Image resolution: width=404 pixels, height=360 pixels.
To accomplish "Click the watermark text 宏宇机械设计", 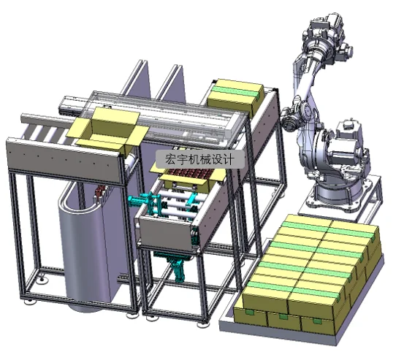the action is [199, 159].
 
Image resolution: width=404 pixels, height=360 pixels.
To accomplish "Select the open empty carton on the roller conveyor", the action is [108, 131].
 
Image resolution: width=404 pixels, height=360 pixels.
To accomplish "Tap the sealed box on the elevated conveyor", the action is [236, 95].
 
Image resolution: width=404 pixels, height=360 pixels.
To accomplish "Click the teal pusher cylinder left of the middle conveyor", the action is [140, 201].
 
